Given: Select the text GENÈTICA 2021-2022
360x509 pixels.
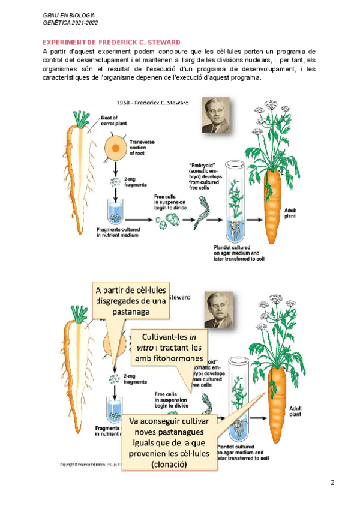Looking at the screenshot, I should pyautogui.click(x=71, y=22).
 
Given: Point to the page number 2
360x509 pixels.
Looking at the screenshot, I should pyautogui.click(x=332, y=483).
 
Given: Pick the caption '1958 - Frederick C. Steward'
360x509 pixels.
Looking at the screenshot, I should pyautogui.click(x=151, y=103).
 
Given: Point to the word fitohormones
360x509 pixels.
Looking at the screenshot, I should pyautogui.click(x=180, y=358).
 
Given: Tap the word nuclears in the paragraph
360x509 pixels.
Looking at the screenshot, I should pyautogui.click(x=270, y=60).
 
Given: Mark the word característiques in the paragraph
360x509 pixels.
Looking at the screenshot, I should pyautogui.click(x=67, y=78).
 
